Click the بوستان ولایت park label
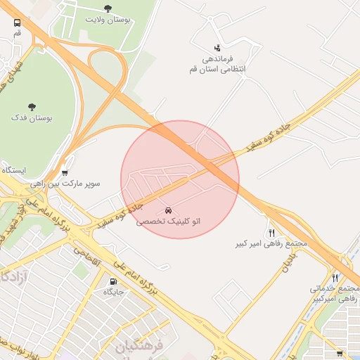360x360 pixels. coord(108,20)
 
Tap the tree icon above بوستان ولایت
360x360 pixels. coord(108,8)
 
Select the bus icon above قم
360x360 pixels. coord(17,22)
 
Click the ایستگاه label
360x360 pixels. coord(13,171)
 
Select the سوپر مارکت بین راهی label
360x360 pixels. coord(65,184)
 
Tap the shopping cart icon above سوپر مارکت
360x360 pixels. coord(65,172)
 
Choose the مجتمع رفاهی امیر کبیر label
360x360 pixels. coord(271,244)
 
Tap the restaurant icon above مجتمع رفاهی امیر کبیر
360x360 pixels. coord(271,233)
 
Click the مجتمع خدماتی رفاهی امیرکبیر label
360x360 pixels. coord(335,294)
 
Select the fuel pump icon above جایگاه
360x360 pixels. coord(114,281)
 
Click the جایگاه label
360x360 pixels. coord(114,291)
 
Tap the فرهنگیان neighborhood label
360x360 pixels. coord(139,346)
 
